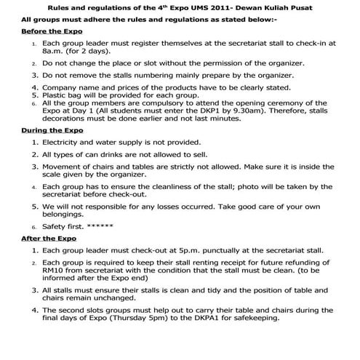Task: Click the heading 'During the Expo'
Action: tap(42, 129)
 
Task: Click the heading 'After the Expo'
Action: tap(39, 238)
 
